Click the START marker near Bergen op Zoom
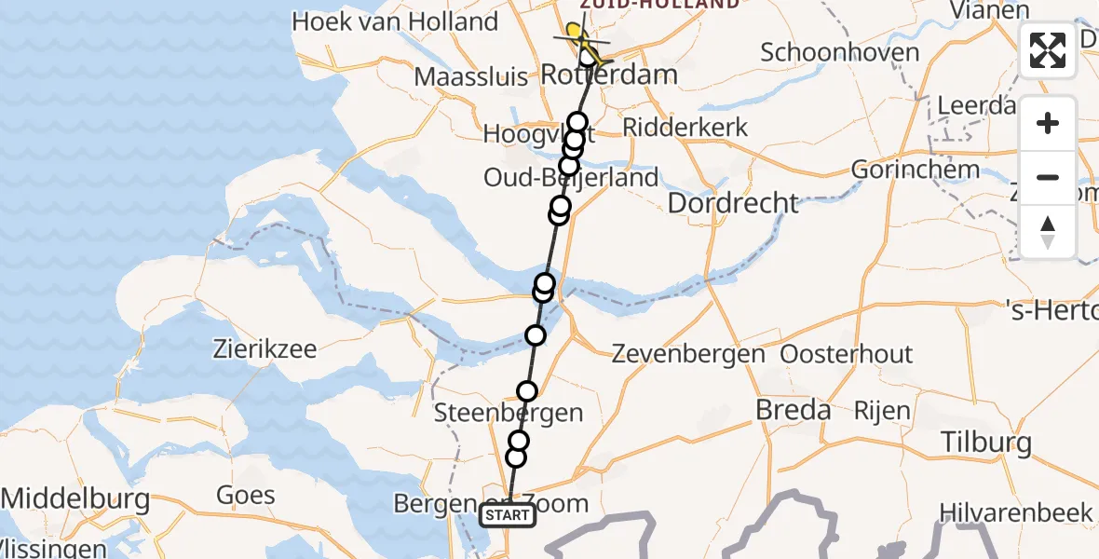(508, 515)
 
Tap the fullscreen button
(1048, 51)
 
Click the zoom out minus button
(1048, 177)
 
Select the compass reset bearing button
(1048, 231)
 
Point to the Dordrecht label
(734, 203)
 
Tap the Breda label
(794, 410)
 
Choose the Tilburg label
(986, 443)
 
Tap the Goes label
(245, 496)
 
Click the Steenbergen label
(509, 413)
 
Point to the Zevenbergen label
(688, 354)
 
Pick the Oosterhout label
(847, 354)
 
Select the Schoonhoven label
(839, 52)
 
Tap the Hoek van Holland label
(395, 21)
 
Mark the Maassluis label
(471, 76)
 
